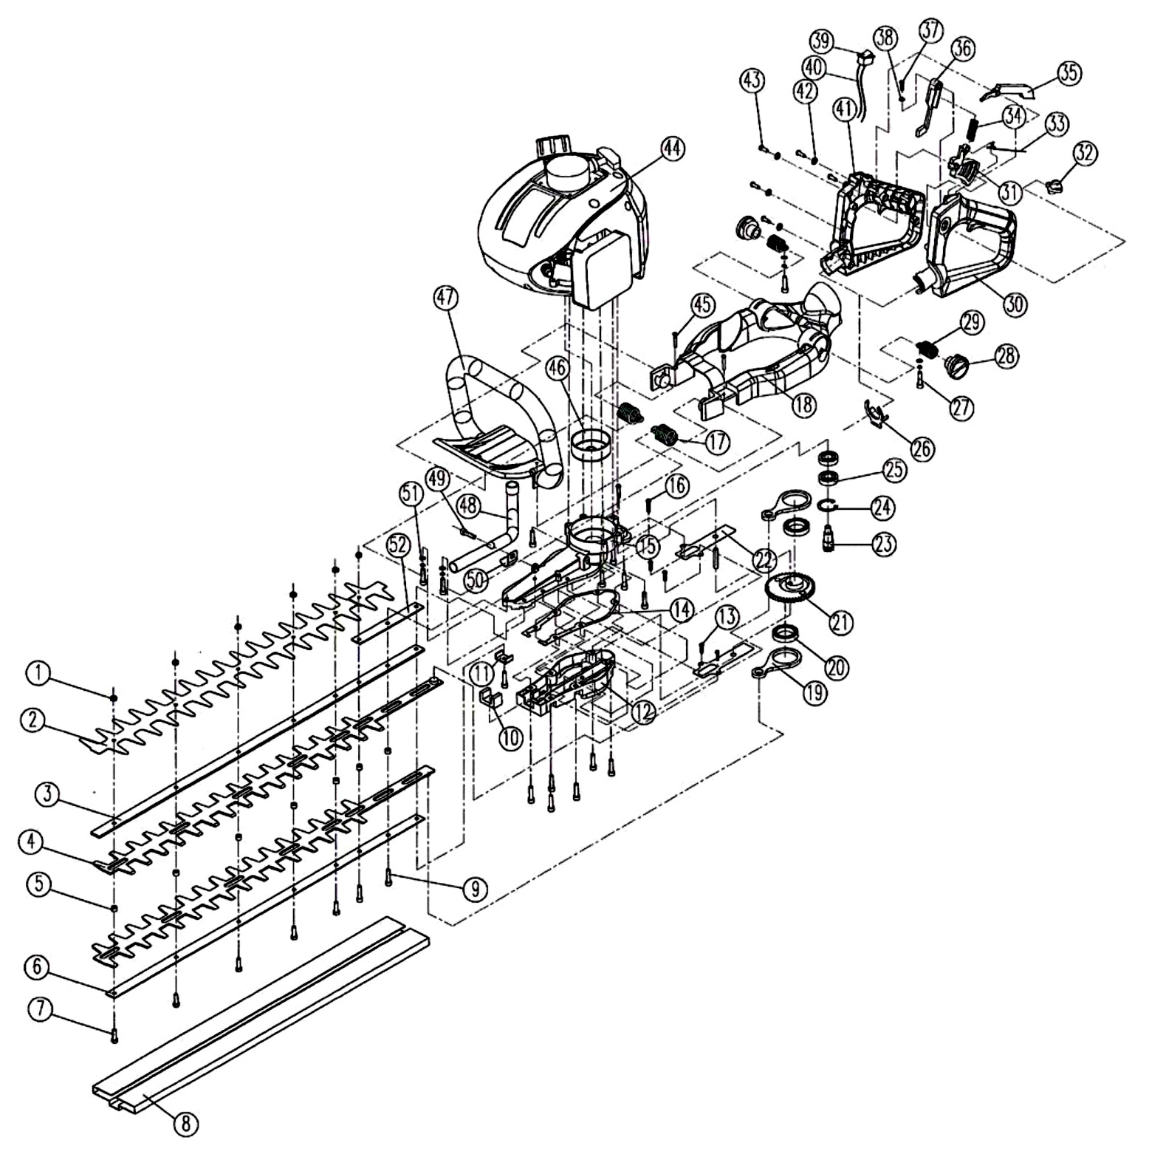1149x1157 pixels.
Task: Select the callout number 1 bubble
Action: [x=41, y=673]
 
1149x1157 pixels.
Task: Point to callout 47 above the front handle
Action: [x=445, y=300]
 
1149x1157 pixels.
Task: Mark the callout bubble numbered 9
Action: [x=476, y=888]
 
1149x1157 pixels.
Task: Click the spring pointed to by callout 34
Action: [x=975, y=131]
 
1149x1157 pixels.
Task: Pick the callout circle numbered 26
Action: [x=922, y=448]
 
